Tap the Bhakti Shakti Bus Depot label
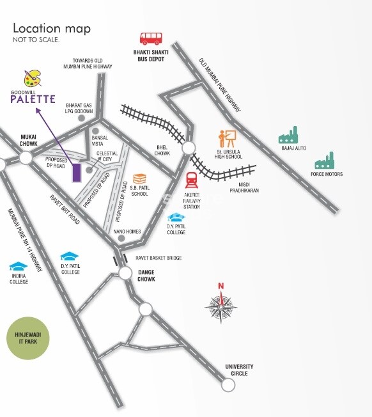pos(149,56)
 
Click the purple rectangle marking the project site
pos(76,173)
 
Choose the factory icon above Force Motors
pos(325,161)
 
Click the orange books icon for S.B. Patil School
pos(139,179)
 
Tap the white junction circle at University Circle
pos(227,384)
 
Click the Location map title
pos(52,28)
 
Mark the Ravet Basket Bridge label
pos(159,258)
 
